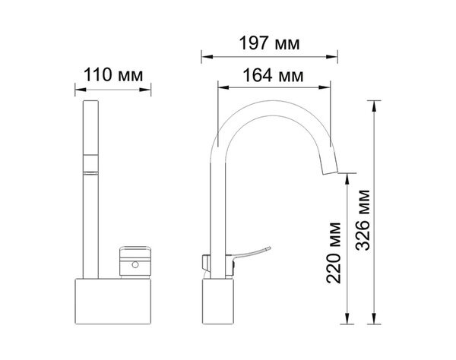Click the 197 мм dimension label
[269, 43]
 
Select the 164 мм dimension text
[273, 75]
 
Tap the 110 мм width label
[113, 74]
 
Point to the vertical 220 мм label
[334, 252]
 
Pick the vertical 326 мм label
[363, 220]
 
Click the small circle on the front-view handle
[135, 265]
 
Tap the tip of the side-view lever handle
[270, 248]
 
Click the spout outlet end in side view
[331, 172]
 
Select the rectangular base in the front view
[113, 302]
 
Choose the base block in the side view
[218, 302]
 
